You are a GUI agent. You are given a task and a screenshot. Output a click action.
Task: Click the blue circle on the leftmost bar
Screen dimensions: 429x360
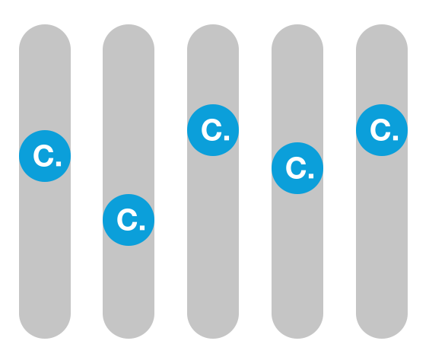coord(45,156)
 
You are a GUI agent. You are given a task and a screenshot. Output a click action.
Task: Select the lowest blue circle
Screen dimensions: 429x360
coord(129,220)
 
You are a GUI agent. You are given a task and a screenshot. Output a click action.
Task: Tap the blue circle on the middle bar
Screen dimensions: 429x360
coord(213,130)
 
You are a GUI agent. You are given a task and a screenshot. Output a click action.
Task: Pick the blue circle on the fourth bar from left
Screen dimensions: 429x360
coord(297,168)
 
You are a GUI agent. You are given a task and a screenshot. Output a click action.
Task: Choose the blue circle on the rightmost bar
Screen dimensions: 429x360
coord(382,130)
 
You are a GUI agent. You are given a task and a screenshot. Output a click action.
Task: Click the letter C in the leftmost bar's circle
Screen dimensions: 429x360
coord(43,156)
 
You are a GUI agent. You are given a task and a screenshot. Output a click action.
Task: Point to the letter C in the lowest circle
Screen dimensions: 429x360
coord(127,220)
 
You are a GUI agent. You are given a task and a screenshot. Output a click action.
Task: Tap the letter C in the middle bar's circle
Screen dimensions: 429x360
coord(211,130)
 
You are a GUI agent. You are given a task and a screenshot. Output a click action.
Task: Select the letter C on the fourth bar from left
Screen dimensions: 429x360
coord(296,168)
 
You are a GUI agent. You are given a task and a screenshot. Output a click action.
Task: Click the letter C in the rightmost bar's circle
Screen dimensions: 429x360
coord(380,130)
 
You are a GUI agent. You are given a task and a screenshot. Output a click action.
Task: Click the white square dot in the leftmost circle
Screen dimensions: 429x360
coord(59,164)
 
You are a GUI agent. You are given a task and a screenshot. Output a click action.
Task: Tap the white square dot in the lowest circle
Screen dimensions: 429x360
coord(142,228)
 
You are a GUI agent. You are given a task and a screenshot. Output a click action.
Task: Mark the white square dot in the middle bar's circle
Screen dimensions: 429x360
coord(227,138)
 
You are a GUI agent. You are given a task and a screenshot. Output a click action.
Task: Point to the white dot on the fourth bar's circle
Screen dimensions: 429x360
coord(311,176)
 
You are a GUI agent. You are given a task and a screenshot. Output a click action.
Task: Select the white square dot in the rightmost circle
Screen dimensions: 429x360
coord(396,138)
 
